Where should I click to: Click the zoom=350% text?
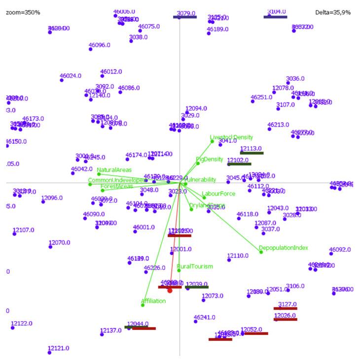(23, 12)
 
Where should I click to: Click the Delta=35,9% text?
(333, 12)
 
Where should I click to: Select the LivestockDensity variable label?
(231, 137)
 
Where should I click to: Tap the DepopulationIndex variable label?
(284, 248)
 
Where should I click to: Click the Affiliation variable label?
(153, 301)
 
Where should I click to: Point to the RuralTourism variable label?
(195, 266)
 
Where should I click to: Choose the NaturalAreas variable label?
(114, 170)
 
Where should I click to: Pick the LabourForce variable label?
(218, 194)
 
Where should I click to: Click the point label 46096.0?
(99, 45)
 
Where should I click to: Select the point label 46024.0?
(71, 76)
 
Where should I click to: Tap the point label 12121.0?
(59, 348)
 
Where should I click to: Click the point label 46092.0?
(340, 250)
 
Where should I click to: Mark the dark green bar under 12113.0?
(252, 153)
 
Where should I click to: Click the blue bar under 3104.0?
(275, 17)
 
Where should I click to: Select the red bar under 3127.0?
(286, 309)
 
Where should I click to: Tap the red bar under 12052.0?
(256, 333)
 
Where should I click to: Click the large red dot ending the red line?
(170, 291)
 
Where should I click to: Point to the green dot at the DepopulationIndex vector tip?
(261, 252)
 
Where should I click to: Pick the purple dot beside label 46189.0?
(209, 34)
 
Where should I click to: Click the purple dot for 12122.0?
(13, 328)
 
